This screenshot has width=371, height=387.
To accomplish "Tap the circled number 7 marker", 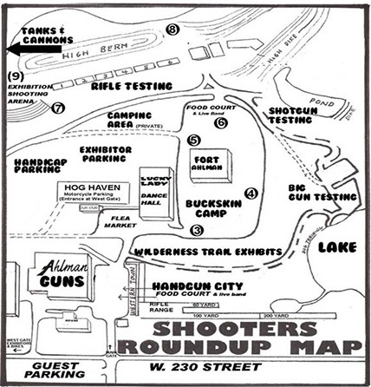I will [x=58, y=108].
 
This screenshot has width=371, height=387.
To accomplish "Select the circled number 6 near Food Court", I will [x=221, y=123].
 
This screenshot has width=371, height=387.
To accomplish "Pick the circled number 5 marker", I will [x=192, y=140].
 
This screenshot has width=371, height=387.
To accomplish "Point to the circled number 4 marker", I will [x=251, y=193].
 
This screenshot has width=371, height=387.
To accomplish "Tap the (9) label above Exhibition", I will [x=14, y=76].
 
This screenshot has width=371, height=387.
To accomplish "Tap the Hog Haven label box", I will [x=93, y=192].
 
